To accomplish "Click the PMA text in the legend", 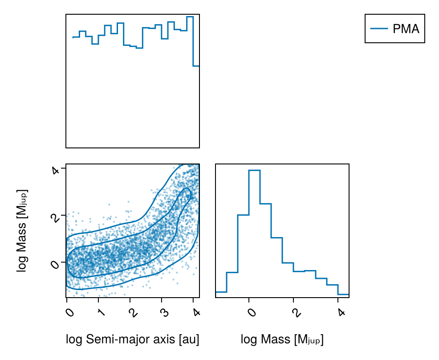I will point(406,29).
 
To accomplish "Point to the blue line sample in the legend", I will point(379,29).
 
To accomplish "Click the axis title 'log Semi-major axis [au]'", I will point(132,340).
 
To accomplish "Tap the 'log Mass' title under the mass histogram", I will point(282,340).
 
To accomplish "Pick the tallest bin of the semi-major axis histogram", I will point(190,40).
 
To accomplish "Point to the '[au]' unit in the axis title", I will point(188,340).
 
